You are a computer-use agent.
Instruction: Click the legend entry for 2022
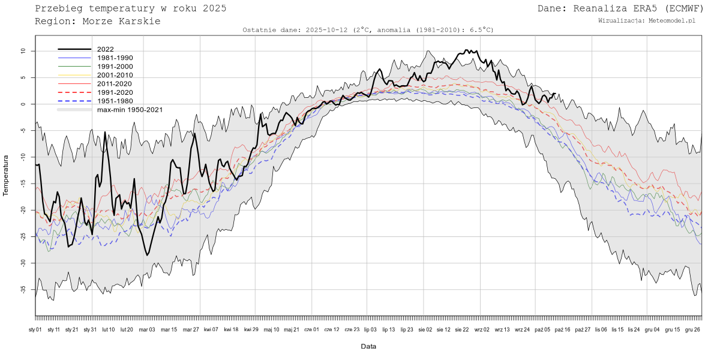[105, 49]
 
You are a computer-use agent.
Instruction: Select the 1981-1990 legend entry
[115, 58]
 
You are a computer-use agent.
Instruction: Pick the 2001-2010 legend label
[115, 75]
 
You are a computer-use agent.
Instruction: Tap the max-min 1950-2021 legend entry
[130, 110]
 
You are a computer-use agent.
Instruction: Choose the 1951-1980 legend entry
[115, 101]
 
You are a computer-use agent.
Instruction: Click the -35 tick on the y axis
[22, 290]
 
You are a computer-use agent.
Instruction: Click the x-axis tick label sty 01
[35, 329]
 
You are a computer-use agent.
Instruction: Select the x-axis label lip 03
[370, 329]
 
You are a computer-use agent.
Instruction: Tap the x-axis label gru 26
[693, 329]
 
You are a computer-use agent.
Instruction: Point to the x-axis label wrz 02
[482, 329]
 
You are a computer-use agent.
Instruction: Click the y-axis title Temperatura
[6, 175]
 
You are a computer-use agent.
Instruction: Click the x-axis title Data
[368, 346]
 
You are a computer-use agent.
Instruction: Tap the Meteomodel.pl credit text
[673, 20]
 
